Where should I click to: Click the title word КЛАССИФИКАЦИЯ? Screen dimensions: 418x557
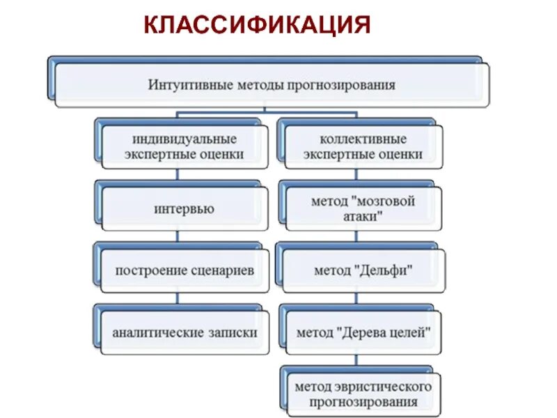point(257,25)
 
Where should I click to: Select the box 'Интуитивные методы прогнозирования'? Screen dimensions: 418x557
point(272,85)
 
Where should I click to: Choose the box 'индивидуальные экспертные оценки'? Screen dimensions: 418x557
point(184,147)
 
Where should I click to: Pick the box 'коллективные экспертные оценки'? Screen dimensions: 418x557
point(362,147)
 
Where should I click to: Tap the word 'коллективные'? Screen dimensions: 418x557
point(363,139)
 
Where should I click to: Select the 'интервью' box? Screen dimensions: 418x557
point(184,208)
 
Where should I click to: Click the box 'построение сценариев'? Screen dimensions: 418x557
point(184,270)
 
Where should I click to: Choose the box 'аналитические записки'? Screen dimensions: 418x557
point(185,333)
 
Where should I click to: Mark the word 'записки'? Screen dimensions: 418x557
point(233,333)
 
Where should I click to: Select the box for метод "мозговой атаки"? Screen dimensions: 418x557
point(363,208)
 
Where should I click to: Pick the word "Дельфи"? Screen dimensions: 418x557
point(384,270)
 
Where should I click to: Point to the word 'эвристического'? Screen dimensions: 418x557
point(384,386)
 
